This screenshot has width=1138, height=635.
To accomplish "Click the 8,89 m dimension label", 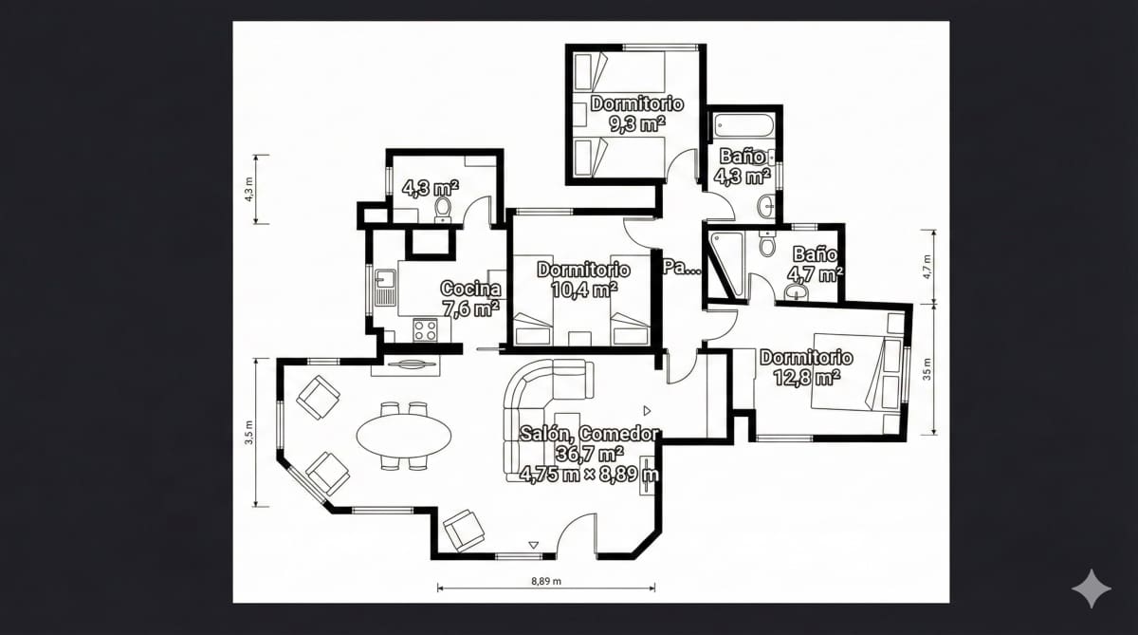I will [544, 580].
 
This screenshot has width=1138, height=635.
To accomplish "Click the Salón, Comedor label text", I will [589, 434].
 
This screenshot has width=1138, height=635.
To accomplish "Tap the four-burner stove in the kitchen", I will [425, 330].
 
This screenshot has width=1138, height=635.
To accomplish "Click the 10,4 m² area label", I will [584, 289].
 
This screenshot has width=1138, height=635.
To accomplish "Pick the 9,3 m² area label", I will [636, 122].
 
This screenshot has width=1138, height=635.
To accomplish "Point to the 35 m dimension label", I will [927, 368].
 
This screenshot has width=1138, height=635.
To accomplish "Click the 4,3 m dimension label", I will [249, 189].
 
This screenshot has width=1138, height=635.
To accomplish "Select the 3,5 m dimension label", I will [249, 432].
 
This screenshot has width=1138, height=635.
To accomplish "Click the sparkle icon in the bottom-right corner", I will [1091, 588].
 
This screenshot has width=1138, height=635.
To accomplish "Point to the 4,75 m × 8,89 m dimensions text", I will [589, 474].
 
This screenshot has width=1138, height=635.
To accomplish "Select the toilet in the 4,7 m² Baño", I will [767, 246].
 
